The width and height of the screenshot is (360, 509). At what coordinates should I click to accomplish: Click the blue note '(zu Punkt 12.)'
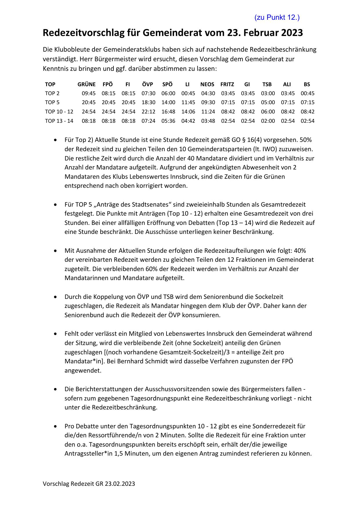pyautogui.click(x=277, y=17)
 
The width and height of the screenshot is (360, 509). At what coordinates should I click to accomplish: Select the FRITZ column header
pyautogui.click(x=227, y=84)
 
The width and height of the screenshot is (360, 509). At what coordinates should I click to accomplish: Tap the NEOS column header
pyautogui.click(x=207, y=84)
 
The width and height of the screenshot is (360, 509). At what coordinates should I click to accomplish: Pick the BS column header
pyautogui.click(x=307, y=84)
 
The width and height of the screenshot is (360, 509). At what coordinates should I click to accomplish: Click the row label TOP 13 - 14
pyautogui.click(x=59, y=121)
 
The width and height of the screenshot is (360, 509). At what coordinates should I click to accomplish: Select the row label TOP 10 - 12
pyautogui.click(x=59, y=111)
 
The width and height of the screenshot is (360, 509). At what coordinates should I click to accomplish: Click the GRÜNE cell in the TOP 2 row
pyautogui.click(x=88, y=93)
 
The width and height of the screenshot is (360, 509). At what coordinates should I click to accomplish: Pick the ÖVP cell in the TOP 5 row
pyautogui.click(x=148, y=102)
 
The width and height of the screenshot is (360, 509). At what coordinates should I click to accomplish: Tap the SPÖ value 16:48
pyautogui.click(x=168, y=111)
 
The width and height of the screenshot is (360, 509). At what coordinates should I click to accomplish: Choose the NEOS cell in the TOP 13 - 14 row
pyautogui.click(x=208, y=121)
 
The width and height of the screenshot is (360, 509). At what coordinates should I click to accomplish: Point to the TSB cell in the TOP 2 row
pyautogui.click(x=268, y=93)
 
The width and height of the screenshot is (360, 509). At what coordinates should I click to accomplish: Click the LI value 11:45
pyautogui.click(x=188, y=102)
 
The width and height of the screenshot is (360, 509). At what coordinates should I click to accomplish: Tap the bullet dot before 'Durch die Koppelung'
pyautogui.click(x=55, y=297)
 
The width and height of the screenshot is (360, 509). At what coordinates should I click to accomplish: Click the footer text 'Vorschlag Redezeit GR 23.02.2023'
pyautogui.click(x=89, y=484)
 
